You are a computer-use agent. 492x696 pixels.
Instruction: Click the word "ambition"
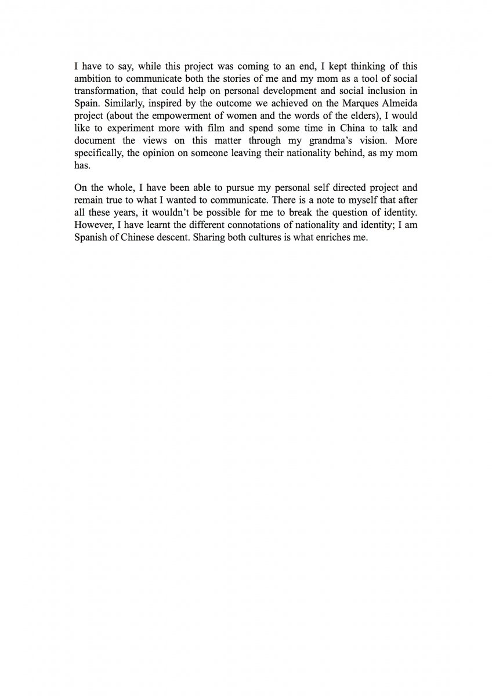[92, 79]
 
